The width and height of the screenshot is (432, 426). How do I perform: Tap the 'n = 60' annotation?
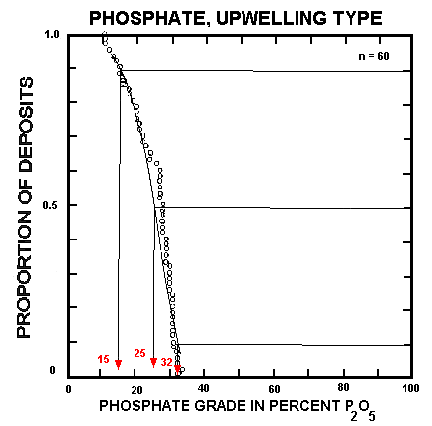[374, 56]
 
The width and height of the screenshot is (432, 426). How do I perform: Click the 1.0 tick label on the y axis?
[53, 36]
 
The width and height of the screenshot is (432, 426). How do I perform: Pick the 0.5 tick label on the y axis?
[53, 206]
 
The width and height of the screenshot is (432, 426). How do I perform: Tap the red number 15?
[104, 360]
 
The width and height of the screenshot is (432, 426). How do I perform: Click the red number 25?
[139, 353]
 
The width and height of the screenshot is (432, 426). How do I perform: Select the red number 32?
[166, 362]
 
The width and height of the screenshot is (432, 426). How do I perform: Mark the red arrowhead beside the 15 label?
[119, 365]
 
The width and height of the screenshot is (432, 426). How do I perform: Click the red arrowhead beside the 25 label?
[153, 362]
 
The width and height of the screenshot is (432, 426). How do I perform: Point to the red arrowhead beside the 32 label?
[178, 368]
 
